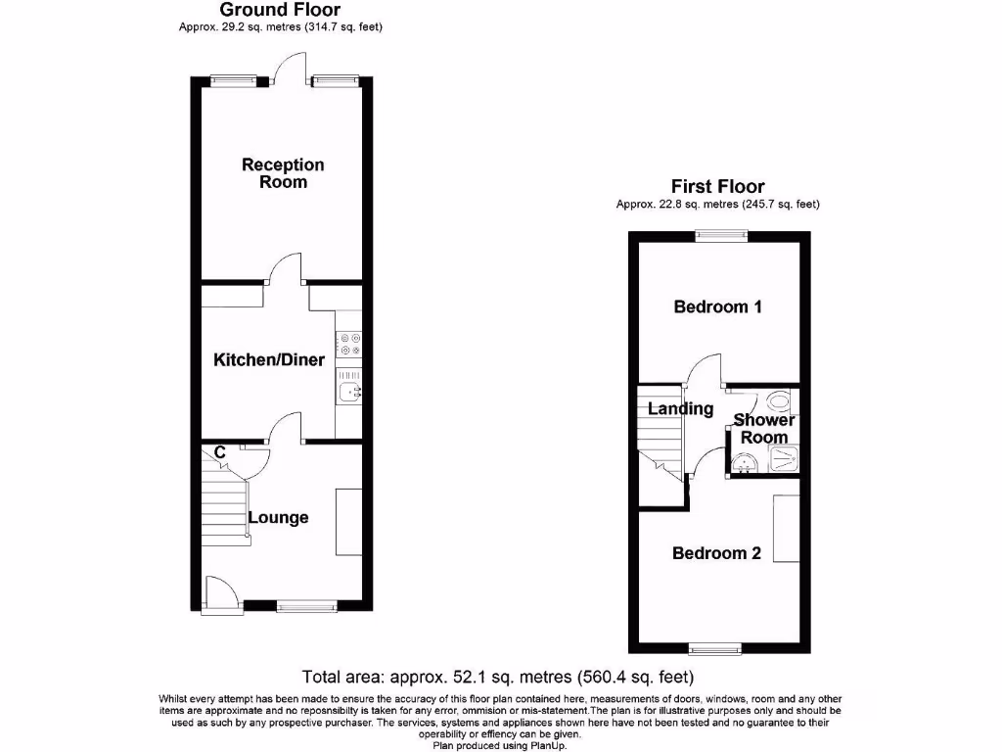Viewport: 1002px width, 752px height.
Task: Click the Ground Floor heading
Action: (280, 10)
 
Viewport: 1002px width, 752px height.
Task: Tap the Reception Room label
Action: (283, 173)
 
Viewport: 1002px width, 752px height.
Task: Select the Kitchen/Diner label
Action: (269, 360)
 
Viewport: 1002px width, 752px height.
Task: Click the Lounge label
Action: (278, 518)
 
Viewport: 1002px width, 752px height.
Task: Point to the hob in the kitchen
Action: (349, 344)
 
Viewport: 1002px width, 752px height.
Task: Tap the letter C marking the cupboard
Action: (220, 452)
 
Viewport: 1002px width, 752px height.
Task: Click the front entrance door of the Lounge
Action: (219, 592)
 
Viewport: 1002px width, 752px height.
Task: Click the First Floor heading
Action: (717, 186)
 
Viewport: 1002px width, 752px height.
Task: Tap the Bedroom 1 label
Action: (718, 306)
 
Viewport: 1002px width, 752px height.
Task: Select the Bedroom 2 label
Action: (716, 553)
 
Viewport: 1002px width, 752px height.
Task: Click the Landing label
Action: (681, 408)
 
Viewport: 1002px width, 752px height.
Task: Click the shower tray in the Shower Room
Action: (781, 459)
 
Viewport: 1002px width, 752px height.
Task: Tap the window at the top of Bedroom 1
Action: (721, 234)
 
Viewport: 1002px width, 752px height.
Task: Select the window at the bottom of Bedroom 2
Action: (714, 648)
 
